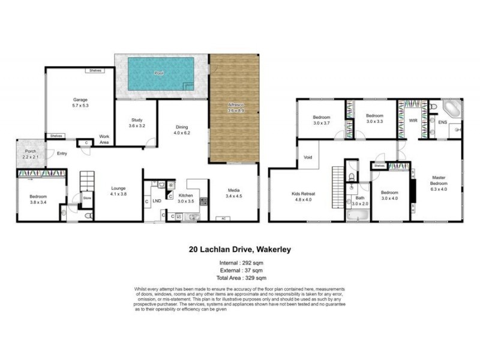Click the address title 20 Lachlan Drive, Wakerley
[240, 248]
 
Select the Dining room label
[182, 130]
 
